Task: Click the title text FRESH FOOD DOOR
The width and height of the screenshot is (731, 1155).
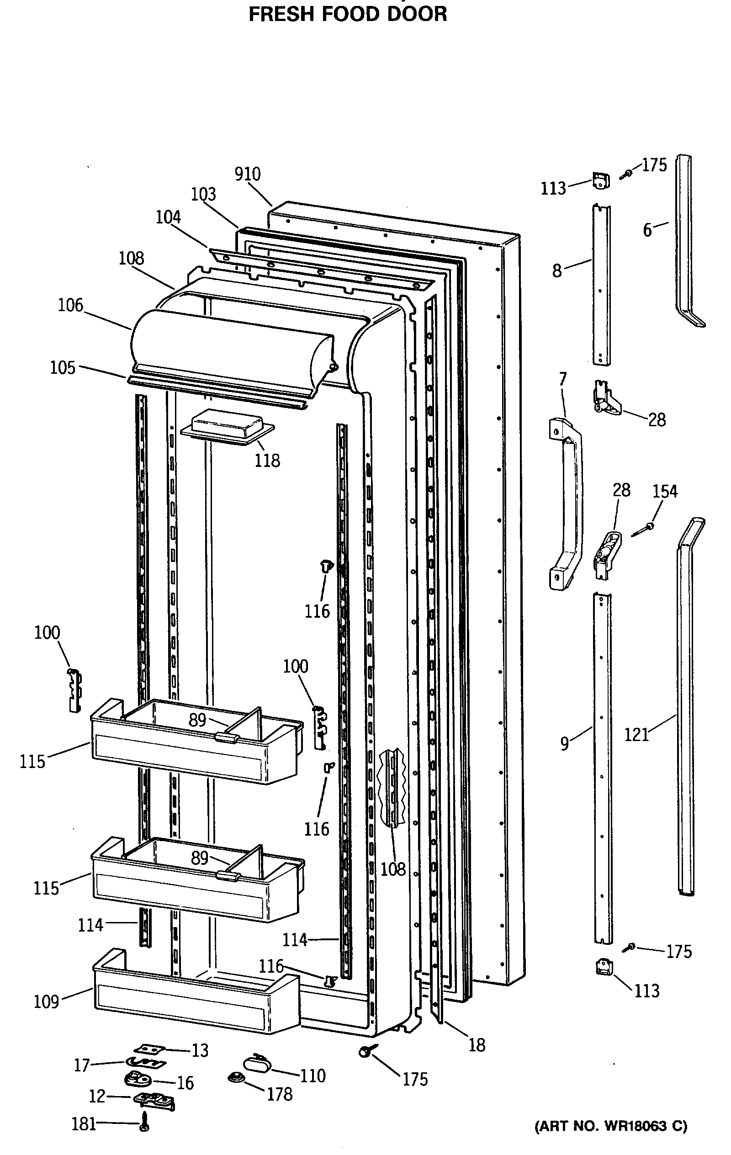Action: pyautogui.click(x=348, y=14)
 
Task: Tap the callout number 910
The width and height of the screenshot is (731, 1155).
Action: pyautogui.click(x=248, y=174)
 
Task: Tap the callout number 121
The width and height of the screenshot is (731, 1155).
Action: pyautogui.click(x=636, y=734)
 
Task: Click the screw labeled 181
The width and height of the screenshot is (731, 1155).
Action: pyautogui.click(x=145, y=1123)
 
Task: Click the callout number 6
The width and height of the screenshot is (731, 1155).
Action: pyautogui.click(x=647, y=230)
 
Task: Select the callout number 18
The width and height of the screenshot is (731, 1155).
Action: pyautogui.click(x=477, y=1045)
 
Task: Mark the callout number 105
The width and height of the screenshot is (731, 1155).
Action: pyautogui.click(x=63, y=368)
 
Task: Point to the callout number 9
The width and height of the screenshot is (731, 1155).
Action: pyautogui.click(x=565, y=743)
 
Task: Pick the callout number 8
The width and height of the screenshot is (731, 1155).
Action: pyautogui.click(x=557, y=271)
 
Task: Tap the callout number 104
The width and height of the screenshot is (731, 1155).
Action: pyautogui.click(x=168, y=217)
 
